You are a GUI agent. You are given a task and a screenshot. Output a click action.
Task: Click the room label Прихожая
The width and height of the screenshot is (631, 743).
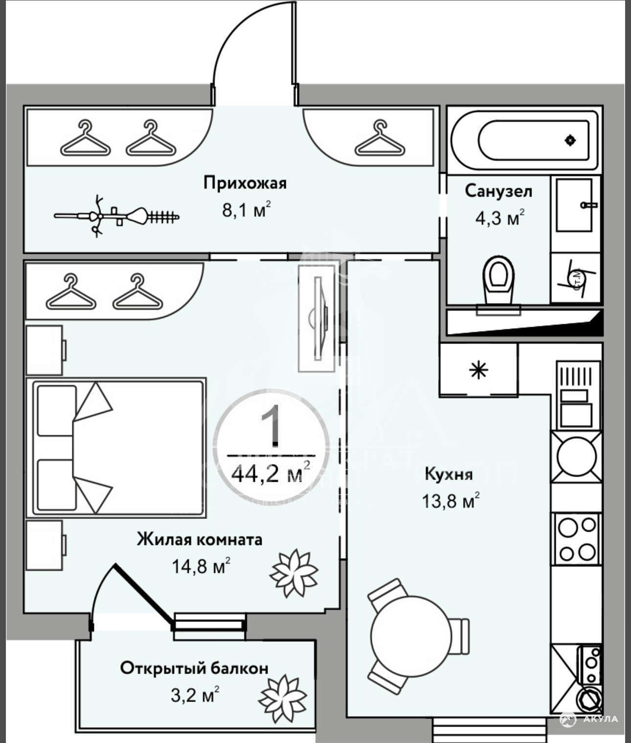click(245, 183)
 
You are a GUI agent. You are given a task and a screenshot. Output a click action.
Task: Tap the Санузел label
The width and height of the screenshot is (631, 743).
click(498, 191)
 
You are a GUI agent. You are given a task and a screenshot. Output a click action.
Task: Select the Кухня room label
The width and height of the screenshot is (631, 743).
click(449, 474)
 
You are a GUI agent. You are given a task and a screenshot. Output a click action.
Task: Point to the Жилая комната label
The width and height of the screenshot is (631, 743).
click(200, 540)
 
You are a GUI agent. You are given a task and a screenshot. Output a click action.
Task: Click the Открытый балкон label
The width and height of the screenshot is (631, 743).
click(194, 668)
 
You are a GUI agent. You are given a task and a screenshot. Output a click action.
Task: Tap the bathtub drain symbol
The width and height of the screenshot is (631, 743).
click(570, 140)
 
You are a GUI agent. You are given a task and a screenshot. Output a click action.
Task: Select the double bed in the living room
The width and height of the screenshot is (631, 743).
click(117, 447)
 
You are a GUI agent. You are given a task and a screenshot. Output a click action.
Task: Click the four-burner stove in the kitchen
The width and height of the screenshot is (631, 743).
click(577, 539)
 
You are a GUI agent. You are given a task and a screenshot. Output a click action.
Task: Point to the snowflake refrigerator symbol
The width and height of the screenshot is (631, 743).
click(478, 370)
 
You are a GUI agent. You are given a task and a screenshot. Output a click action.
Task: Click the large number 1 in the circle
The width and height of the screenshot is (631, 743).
click(272, 425)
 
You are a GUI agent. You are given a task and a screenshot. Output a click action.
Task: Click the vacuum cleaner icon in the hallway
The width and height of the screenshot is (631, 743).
click(117, 216)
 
